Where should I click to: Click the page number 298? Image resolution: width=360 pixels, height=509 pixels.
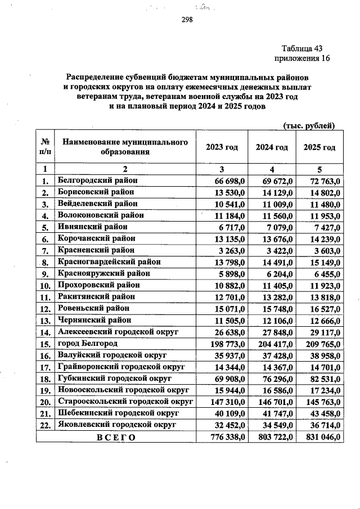[x=187, y=20]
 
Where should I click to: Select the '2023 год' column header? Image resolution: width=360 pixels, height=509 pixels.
[x=222, y=147]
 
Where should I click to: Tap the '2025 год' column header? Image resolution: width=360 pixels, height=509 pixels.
[x=319, y=147]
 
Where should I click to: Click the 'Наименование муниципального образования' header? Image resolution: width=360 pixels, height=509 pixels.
[x=125, y=147]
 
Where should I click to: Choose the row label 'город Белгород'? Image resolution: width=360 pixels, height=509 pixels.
[x=88, y=343]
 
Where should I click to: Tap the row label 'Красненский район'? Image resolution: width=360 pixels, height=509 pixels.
[x=96, y=250]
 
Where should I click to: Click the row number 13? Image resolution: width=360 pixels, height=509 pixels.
[x=44, y=320]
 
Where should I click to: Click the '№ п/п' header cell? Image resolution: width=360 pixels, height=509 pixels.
[x=44, y=147]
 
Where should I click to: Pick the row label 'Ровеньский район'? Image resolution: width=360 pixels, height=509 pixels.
[x=93, y=308]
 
